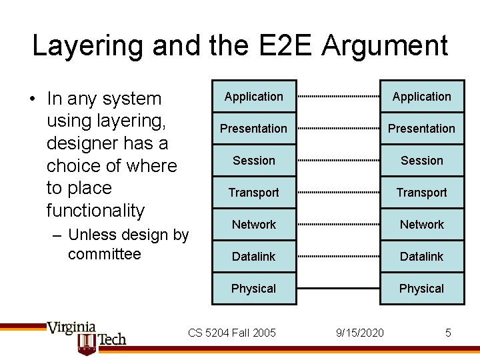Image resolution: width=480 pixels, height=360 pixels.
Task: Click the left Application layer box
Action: point(254,97)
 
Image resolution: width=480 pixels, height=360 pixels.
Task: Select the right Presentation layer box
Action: point(421,129)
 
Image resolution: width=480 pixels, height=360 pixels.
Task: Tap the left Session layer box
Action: point(254,161)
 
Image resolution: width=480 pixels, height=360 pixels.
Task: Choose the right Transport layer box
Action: point(421,193)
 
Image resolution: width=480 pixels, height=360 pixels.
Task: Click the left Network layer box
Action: point(254,225)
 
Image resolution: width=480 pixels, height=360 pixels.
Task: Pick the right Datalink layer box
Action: point(421,257)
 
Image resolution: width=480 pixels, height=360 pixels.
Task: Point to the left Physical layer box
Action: point(254,289)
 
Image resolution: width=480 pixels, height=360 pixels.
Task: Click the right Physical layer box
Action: point(421,289)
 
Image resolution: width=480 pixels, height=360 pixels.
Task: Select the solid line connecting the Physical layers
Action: point(338,289)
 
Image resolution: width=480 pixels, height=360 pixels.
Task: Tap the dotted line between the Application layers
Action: point(338,97)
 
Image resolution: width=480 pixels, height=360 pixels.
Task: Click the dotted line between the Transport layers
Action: point(338,193)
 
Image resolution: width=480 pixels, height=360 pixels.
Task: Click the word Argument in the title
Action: point(385,46)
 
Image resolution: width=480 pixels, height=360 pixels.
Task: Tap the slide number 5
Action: point(449,332)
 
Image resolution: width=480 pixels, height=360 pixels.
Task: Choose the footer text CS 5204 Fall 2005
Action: point(232,332)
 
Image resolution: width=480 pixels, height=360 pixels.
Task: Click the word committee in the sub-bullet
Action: point(105,254)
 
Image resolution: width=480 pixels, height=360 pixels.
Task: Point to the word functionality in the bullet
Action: point(95,211)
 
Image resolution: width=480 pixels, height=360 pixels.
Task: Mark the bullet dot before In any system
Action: point(32,99)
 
